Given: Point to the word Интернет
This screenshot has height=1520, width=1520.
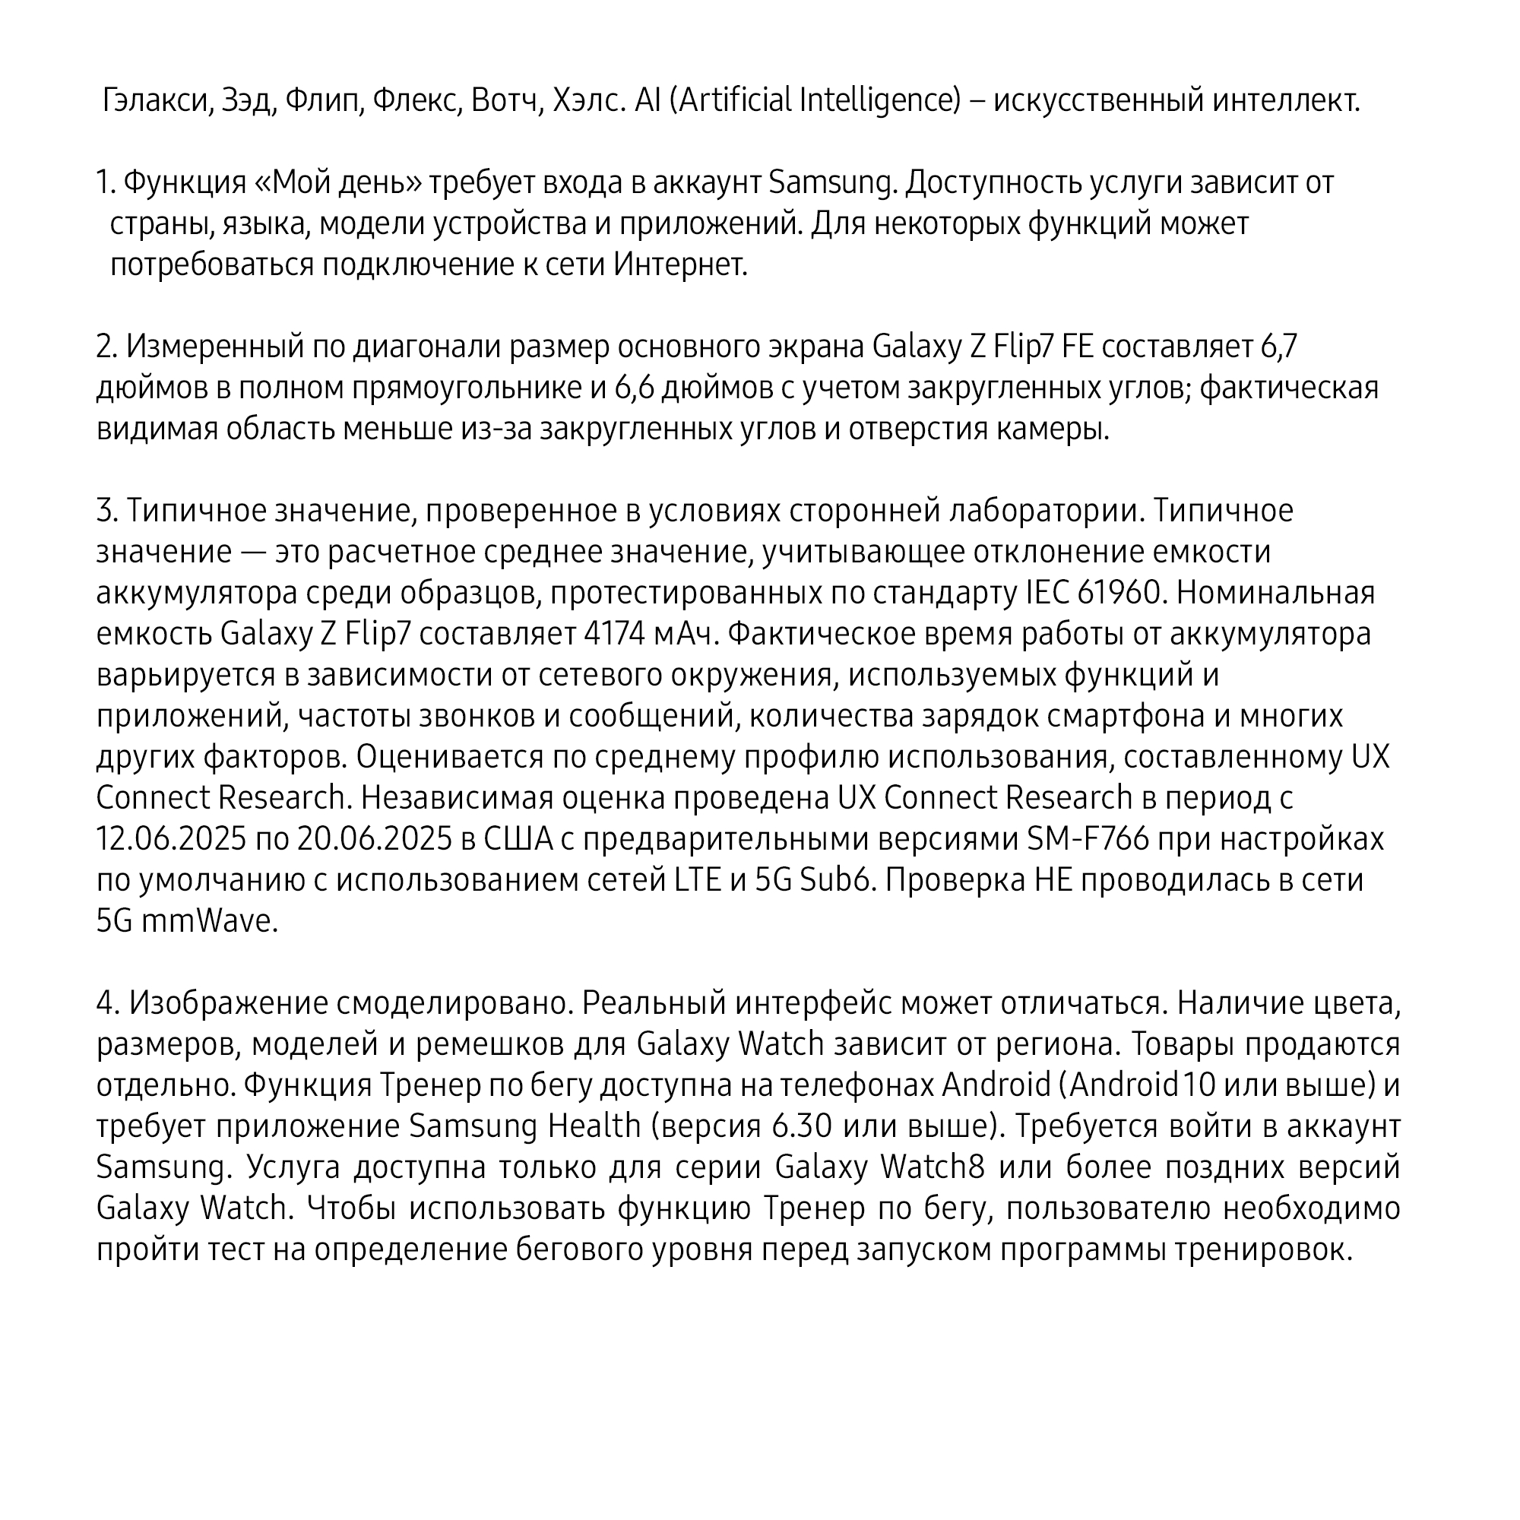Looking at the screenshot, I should (x=679, y=265).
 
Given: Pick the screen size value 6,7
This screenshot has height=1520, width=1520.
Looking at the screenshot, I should (x=1278, y=347).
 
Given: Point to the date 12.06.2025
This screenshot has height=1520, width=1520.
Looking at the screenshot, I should (x=171, y=839).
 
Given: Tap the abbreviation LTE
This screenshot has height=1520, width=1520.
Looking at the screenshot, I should (x=698, y=879).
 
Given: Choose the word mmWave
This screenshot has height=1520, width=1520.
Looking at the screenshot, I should (x=210, y=921).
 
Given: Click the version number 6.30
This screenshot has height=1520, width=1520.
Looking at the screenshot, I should (x=802, y=1126).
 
